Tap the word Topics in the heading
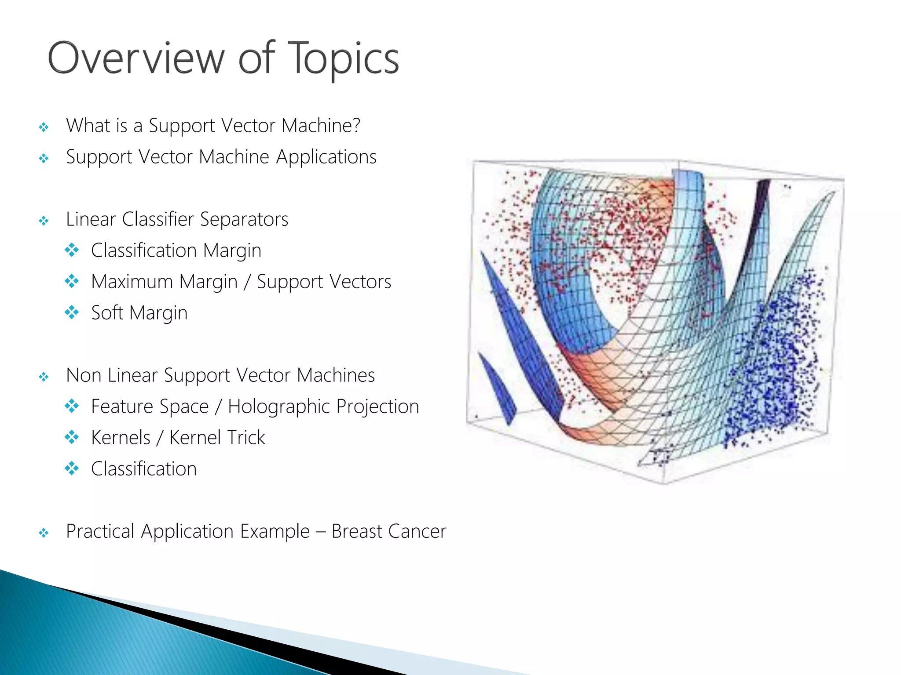[x=344, y=59]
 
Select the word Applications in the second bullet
[x=326, y=157]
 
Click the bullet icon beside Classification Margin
[x=72, y=250]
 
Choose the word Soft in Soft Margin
[x=107, y=313]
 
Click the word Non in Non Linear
[x=84, y=375]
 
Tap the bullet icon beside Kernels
[x=72, y=437]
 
